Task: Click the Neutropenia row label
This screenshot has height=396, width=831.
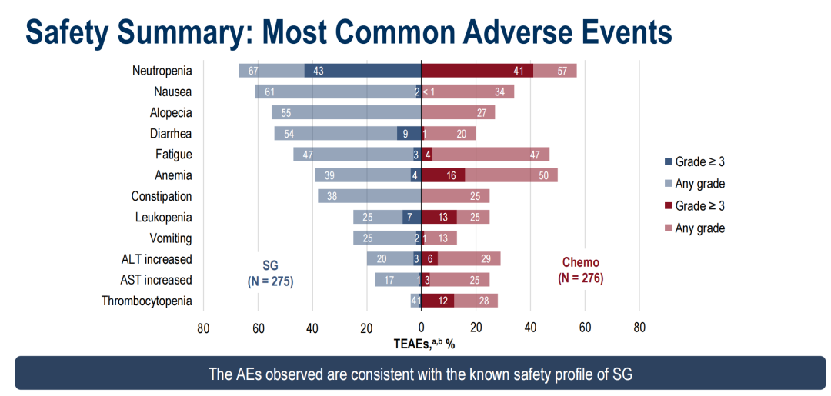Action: coord(162,71)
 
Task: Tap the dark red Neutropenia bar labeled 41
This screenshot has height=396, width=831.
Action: coord(477,71)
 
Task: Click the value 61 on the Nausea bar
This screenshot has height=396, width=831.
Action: coord(269,92)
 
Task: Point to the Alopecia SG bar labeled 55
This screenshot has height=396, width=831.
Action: coord(346,112)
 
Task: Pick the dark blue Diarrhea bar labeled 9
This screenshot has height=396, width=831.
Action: coord(409,133)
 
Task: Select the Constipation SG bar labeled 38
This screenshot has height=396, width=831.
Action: coord(369,196)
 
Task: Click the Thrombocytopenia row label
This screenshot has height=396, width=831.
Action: coord(146,301)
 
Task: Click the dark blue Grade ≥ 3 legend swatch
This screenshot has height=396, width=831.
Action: coord(667,162)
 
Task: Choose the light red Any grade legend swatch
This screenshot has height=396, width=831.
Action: coord(667,228)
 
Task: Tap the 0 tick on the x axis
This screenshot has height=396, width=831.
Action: coord(422,327)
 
